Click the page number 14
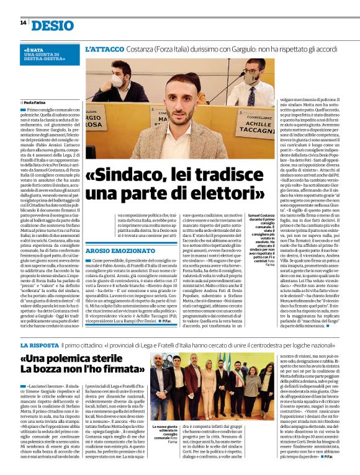coord(22,22)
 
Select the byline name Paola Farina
coord(38,102)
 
